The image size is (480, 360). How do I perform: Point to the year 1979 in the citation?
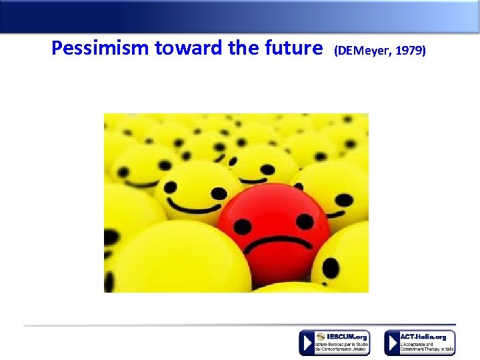tap(409, 50)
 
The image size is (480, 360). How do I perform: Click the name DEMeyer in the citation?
tap(361, 50)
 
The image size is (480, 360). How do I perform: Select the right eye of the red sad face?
tap(304, 221)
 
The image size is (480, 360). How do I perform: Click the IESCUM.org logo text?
tap(347, 337)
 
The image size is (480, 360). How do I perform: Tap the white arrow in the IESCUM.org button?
tap(307, 343)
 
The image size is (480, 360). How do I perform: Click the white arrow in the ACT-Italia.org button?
tap(392, 343)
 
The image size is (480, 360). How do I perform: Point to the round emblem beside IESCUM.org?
tap(321, 337)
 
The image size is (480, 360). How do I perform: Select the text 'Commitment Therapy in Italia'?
tap(427, 349)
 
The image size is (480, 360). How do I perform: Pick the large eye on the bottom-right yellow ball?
tap(331, 268)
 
